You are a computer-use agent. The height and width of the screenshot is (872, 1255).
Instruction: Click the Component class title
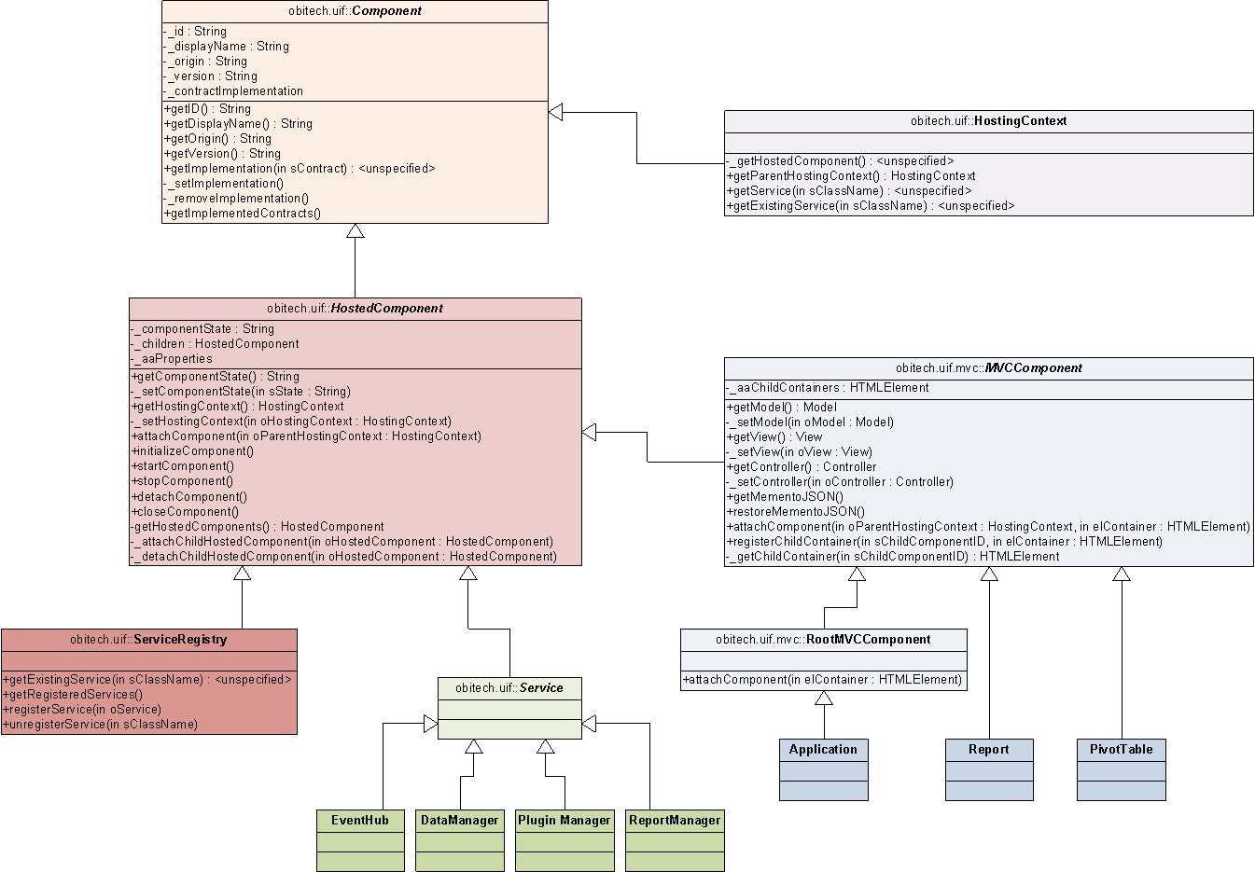pyautogui.click(x=355, y=11)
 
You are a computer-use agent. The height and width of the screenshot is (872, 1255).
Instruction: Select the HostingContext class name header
pyautogui.click(x=988, y=121)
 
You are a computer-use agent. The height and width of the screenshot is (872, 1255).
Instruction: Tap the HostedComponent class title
pyautogui.click(x=355, y=309)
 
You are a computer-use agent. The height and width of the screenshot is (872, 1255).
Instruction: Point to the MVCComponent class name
pyautogui.click(x=988, y=368)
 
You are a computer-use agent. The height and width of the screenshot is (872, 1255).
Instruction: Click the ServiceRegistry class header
pyautogui.click(x=148, y=640)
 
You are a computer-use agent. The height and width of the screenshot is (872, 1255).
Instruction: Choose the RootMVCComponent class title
pyautogui.click(x=823, y=640)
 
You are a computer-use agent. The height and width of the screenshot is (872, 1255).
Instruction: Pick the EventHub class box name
pyautogui.click(x=360, y=821)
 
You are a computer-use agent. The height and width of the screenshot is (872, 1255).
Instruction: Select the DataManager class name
pyautogui.click(x=459, y=821)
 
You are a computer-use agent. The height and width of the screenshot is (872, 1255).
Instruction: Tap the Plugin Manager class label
pyautogui.click(x=565, y=821)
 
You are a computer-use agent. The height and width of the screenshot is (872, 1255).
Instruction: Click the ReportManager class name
pyautogui.click(x=675, y=821)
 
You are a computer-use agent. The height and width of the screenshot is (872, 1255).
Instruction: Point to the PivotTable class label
pyautogui.click(x=1121, y=750)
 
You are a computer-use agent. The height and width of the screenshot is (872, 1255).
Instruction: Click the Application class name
pyautogui.click(x=823, y=750)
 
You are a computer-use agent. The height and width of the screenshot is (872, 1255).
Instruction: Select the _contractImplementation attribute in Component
pyautogui.click(x=234, y=91)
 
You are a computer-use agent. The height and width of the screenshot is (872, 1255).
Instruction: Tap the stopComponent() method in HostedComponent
pyautogui.click(x=183, y=481)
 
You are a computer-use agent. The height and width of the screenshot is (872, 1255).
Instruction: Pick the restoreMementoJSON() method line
pyautogui.click(x=796, y=511)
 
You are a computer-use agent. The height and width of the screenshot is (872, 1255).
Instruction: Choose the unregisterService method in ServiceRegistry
pyautogui.click(x=100, y=725)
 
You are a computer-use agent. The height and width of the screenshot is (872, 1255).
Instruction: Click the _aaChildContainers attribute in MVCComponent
pyautogui.click(x=828, y=388)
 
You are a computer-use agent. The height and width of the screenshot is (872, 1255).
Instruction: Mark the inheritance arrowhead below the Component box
pyautogui.click(x=355, y=231)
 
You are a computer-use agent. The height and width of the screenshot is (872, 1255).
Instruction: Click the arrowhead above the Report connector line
pyautogui.click(x=989, y=574)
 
